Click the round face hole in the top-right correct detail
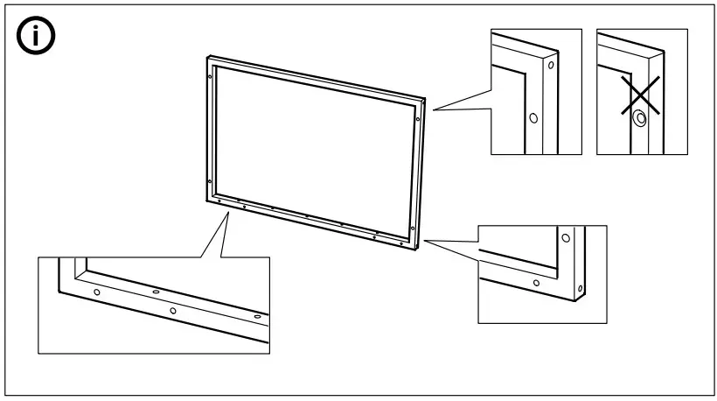pos(533,116)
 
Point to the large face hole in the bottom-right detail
pos(566,237)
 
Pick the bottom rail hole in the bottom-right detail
pos(536,283)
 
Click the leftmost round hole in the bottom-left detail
pos(97,291)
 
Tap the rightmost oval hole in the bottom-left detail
pos(256,316)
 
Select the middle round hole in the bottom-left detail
pos(173,310)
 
